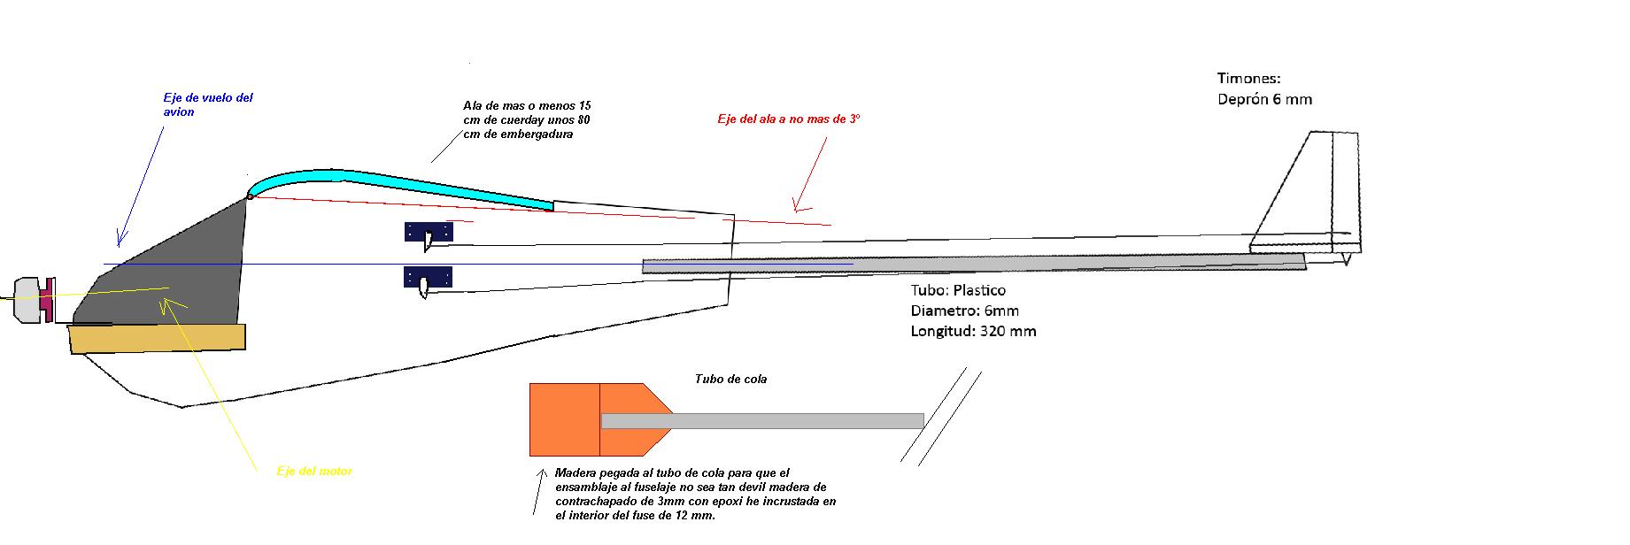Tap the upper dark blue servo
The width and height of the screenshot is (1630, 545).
click(429, 233)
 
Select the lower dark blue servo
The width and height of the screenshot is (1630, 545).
click(429, 278)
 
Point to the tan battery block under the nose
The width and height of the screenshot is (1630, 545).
click(157, 338)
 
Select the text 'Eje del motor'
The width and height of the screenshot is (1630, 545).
click(314, 472)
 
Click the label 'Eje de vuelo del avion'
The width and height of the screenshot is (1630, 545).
click(207, 104)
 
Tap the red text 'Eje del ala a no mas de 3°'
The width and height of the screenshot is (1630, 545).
click(788, 119)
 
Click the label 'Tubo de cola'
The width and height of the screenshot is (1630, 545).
click(730, 379)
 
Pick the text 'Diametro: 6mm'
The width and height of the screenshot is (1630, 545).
click(964, 311)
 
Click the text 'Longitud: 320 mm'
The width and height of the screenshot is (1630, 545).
click(973, 331)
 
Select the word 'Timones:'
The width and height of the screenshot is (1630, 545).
click(1248, 79)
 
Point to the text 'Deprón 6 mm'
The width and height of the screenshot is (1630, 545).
click(1264, 99)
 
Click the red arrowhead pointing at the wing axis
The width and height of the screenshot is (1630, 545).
click(798, 207)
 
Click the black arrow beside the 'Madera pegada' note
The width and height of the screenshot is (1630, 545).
click(537, 491)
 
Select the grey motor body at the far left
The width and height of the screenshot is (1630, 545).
click(27, 300)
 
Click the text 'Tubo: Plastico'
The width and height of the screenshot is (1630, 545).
click(958, 290)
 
